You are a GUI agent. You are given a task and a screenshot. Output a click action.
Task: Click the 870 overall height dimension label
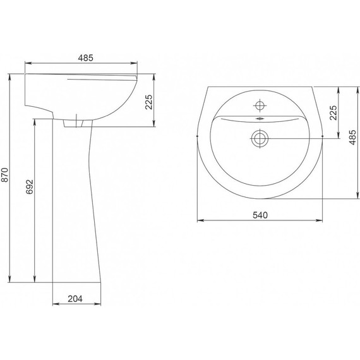(x=5, y=175)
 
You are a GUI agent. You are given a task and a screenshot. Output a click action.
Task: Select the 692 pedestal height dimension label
(x=30, y=187)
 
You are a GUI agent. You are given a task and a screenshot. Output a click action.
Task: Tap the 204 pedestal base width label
(x=75, y=299)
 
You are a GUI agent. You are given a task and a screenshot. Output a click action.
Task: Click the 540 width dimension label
(x=260, y=215)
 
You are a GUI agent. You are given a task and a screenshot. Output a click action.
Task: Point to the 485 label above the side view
(x=86, y=58)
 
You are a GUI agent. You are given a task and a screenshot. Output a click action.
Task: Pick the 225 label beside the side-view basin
(x=149, y=102)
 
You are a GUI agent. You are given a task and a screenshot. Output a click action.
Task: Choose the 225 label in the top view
(x=333, y=112)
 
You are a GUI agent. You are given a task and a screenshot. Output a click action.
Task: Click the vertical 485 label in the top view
(x=352, y=137)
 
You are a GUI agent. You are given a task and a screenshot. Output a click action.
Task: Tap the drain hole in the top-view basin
(x=260, y=138)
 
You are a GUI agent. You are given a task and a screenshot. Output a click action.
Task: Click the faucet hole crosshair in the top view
(x=260, y=105)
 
